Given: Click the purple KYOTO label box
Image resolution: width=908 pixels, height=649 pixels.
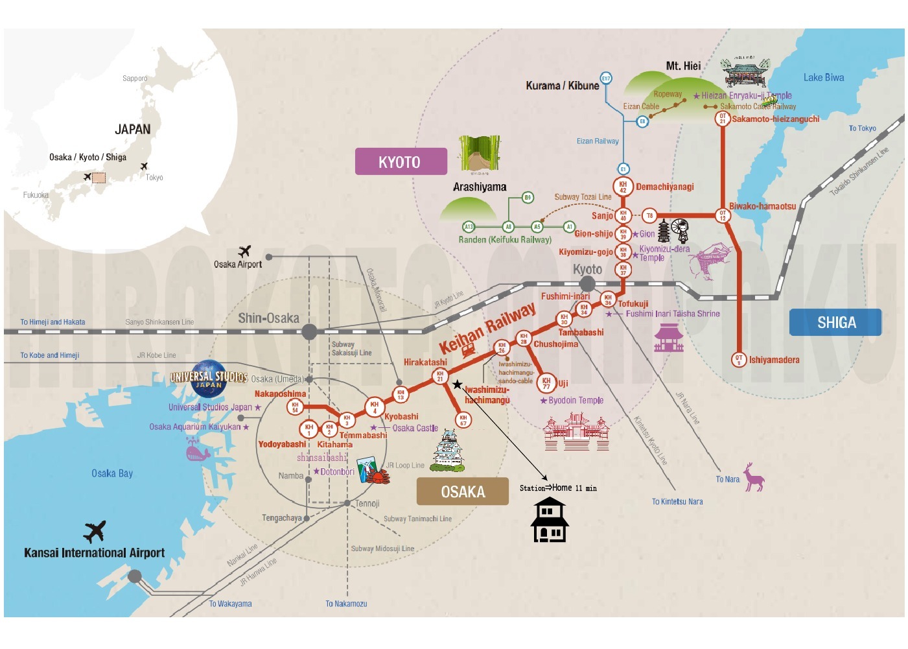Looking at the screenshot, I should (401, 161).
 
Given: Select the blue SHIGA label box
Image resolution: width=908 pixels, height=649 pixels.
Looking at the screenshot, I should (835, 322).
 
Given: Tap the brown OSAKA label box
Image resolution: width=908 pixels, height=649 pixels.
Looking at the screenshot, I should (462, 491).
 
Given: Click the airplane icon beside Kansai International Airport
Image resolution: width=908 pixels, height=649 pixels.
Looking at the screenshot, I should (95, 531).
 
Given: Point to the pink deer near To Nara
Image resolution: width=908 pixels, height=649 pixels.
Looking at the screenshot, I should (753, 478).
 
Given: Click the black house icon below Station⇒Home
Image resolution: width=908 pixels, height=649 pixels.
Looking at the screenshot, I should (550, 520).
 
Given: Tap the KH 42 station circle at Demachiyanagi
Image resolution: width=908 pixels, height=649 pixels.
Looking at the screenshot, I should (623, 187).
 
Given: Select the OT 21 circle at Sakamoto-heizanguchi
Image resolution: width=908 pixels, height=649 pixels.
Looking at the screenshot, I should (723, 119).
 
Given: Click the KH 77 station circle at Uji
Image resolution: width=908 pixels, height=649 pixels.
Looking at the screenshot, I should (546, 383).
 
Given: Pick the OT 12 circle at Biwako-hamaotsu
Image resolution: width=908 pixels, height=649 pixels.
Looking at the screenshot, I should (723, 215).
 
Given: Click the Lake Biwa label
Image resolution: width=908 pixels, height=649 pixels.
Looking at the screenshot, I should (823, 78).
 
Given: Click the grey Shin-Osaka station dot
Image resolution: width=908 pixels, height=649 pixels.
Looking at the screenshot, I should (310, 331).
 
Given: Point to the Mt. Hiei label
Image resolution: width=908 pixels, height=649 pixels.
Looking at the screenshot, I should (683, 65).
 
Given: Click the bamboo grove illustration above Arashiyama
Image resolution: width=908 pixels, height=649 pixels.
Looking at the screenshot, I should (480, 154).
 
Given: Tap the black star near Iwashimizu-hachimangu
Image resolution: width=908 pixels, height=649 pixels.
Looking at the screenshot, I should (458, 384).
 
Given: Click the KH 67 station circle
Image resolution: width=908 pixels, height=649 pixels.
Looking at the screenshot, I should (463, 420).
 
